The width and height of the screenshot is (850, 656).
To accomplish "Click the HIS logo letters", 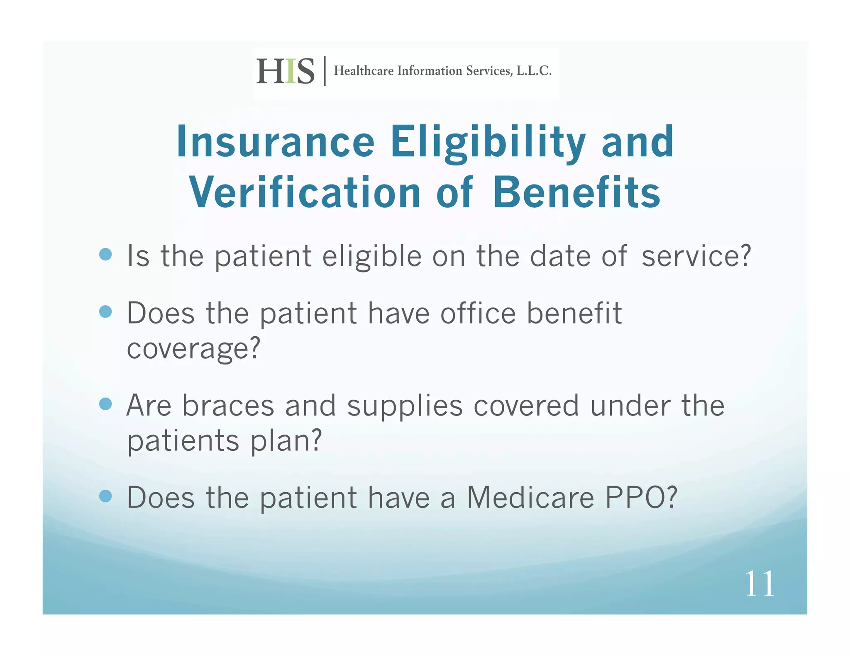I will pos(285,71).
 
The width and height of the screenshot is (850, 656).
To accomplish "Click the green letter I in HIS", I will pos(291,71).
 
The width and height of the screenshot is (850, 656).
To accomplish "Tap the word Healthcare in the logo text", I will pos(364,71).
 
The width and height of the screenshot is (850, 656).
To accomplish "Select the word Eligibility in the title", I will pos(488,142).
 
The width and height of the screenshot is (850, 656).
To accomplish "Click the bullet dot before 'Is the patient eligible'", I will pos(106,254).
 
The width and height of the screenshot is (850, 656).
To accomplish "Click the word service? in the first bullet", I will pos(696,256).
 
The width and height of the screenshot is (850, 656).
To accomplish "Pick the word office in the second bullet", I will pos(478,313).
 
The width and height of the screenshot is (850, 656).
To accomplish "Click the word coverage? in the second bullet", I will pos(193,348).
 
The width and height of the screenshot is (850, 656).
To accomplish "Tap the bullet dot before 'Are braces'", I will pos(106,403).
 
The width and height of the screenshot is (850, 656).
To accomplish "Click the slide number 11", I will pos(760,584).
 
